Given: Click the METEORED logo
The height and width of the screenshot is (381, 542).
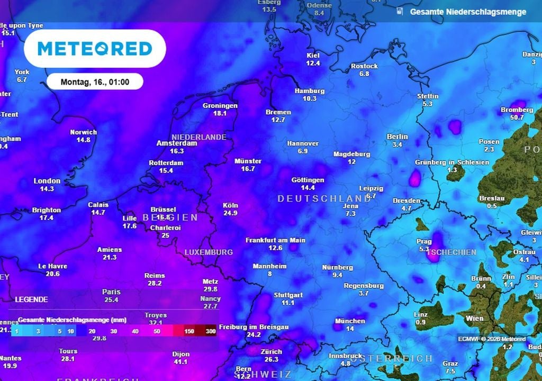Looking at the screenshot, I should [x=95, y=49].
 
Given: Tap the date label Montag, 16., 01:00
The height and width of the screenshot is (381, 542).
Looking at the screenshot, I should [x=95, y=82].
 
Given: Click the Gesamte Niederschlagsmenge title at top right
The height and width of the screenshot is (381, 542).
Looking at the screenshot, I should [x=468, y=12].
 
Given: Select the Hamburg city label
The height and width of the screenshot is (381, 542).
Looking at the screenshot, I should [x=309, y=91].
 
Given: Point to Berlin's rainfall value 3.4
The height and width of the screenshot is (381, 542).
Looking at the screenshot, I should [x=398, y=144].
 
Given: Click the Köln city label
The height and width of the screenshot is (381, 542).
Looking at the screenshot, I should [x=230, y=205].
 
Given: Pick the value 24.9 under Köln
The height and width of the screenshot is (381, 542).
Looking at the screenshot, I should [x=230, y=213].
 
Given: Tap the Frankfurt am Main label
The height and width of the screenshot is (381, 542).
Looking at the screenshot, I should [x=275, y=240].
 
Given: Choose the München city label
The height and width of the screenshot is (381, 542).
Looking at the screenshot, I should [x=350, y=321].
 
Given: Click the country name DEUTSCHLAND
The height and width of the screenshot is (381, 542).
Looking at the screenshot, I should [x=324, y=198].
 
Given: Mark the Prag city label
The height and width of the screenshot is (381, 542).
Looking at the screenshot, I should [x=424, y=241].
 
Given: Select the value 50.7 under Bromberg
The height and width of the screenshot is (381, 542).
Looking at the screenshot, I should [x=513, y=117].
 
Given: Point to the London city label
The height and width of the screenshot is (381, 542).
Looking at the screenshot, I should [x=47, y=181].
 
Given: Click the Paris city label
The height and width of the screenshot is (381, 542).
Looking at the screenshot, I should [x=111, y=292].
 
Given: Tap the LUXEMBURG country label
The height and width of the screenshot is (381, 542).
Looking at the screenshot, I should [x=209, y=252].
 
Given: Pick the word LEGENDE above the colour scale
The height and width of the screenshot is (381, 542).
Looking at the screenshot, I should [x=31, y=300].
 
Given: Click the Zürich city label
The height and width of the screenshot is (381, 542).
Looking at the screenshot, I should [x=271, y=352].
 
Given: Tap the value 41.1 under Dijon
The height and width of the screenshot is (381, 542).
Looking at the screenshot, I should [x=180, y=361].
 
